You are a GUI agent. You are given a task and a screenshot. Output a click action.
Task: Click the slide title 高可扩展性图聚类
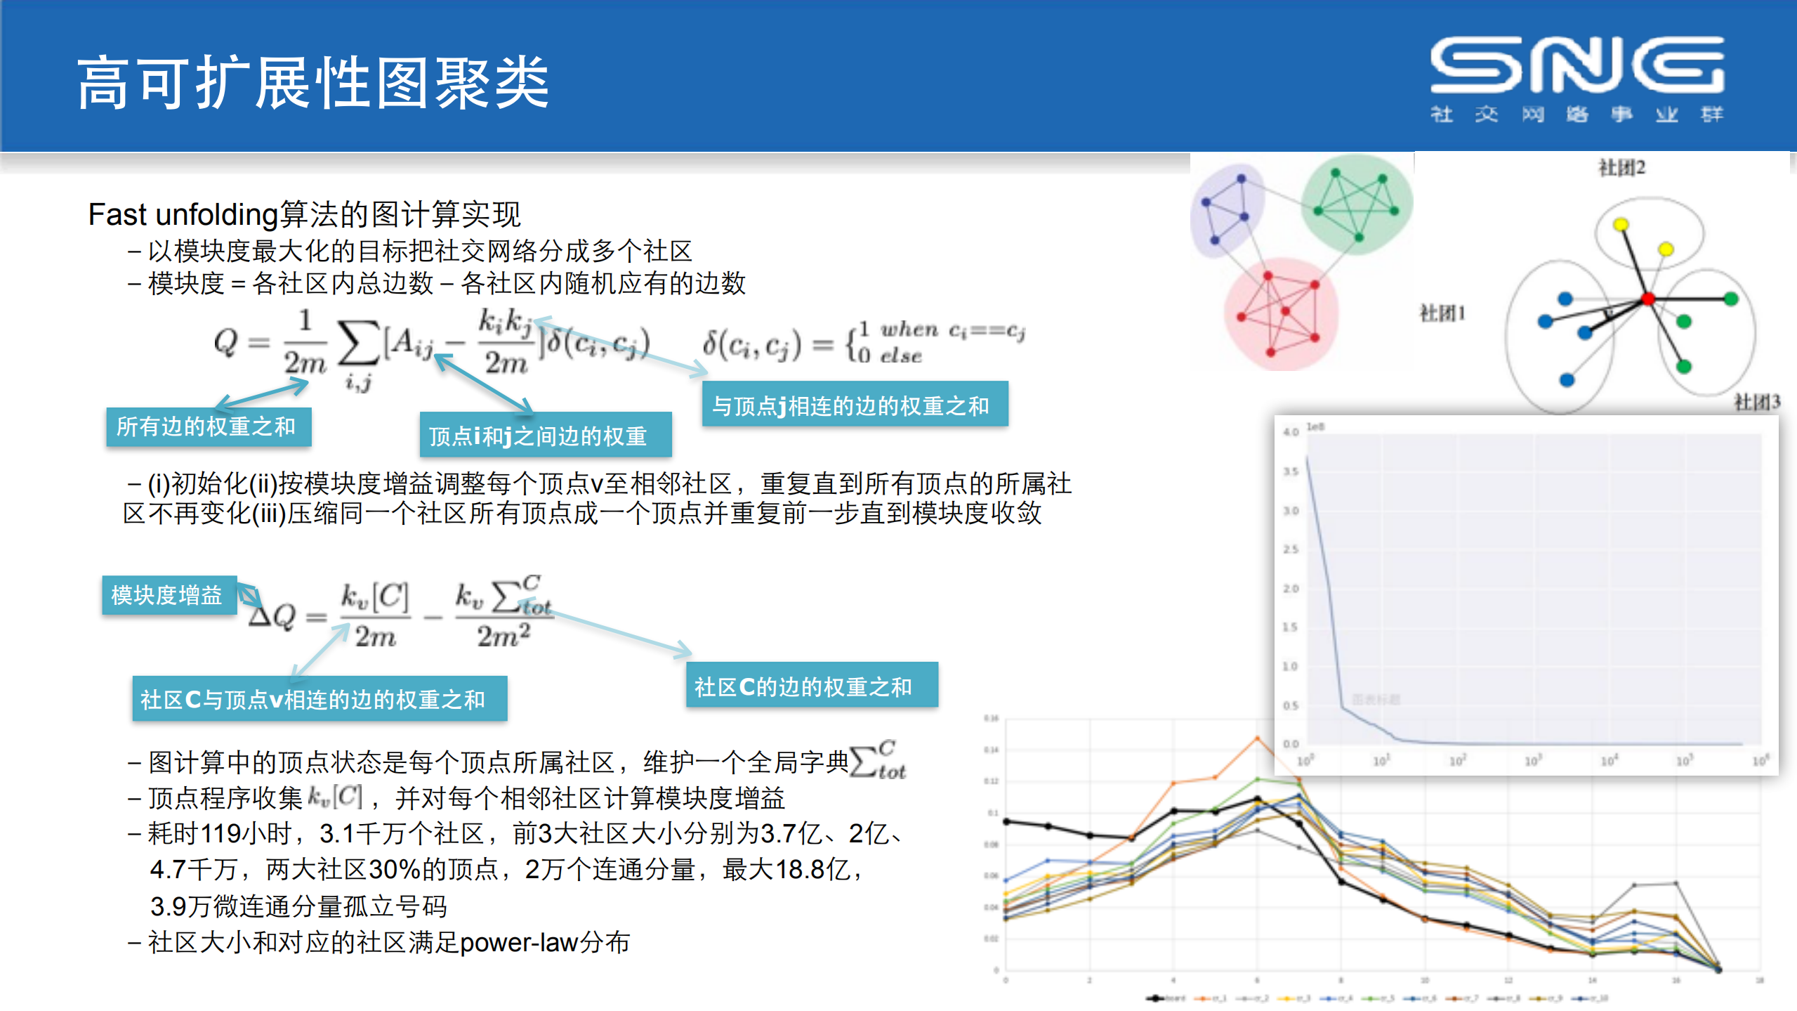312,84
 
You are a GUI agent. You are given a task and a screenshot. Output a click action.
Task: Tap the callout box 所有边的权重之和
208,426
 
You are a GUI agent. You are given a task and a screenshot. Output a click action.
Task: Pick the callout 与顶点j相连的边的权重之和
854,405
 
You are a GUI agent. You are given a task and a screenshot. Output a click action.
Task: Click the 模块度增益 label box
168,595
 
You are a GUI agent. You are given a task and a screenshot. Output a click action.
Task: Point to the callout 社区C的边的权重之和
811,686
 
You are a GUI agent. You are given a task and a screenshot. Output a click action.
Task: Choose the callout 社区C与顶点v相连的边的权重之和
319,699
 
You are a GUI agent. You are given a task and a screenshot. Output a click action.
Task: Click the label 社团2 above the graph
1621,168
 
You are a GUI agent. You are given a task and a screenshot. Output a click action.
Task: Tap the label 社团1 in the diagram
1442,313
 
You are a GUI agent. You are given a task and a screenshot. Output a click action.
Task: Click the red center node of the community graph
1647,299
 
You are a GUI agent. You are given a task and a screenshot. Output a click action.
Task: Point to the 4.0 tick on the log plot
1291,432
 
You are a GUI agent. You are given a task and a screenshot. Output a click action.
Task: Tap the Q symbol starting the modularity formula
226,343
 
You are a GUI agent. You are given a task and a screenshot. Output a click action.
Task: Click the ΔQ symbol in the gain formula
272,616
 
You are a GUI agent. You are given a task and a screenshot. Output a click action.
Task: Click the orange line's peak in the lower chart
1257,738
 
